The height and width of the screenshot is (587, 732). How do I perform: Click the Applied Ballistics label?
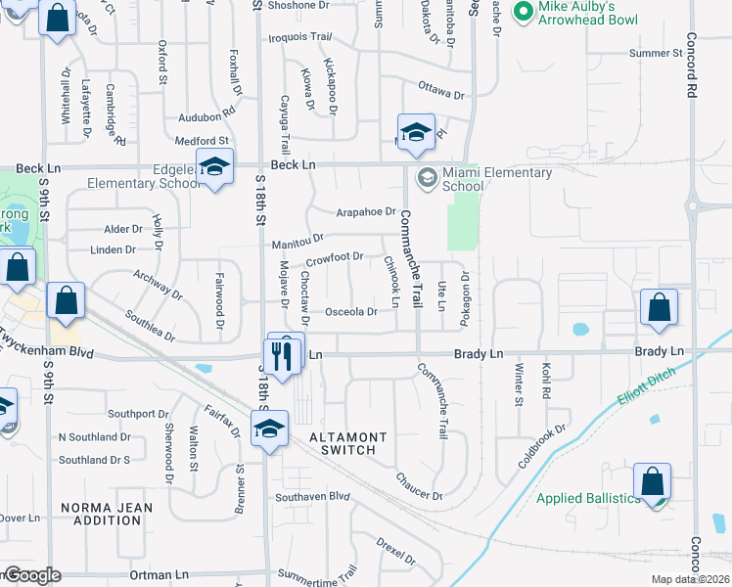(x=587, y=498)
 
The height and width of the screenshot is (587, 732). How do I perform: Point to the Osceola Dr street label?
(x=350, y=312)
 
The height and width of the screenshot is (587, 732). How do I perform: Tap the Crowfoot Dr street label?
(x=334, y=258)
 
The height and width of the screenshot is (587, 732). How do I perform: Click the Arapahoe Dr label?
(x=365, y=211)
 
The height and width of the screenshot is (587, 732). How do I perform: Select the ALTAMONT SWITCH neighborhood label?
(x=348, y=443)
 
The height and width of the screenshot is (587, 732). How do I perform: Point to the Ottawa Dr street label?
(x=440, y=93)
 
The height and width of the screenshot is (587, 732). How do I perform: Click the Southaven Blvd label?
(x=312, y=496)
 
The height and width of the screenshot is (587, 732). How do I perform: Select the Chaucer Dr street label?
(x=420, y=485)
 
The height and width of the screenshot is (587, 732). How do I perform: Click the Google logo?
(x=31, y=575)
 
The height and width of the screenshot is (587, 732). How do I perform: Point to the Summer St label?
(x=656, y=53)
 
